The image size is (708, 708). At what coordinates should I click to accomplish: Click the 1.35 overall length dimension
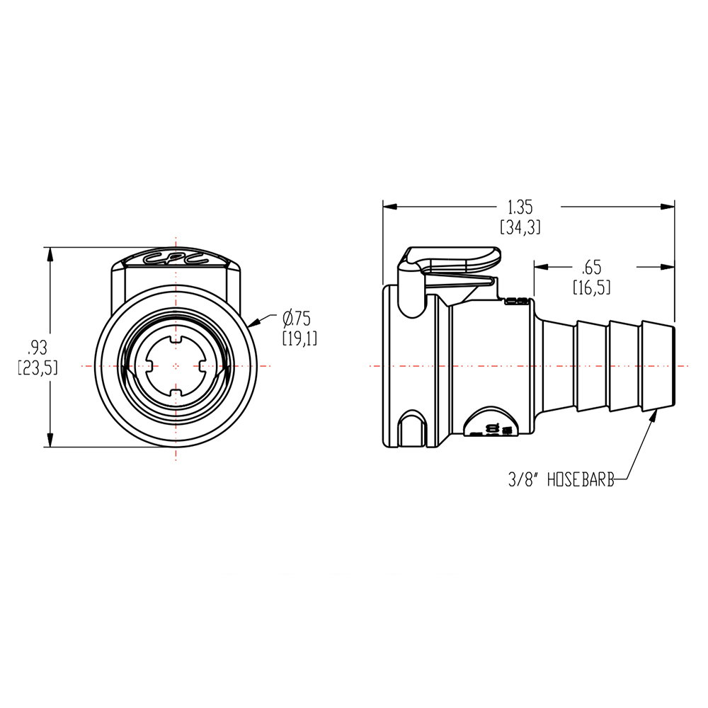(520, 207)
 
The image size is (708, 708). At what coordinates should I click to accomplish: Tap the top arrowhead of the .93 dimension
(50, 253)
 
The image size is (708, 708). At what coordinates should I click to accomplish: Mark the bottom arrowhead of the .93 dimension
(50, 440)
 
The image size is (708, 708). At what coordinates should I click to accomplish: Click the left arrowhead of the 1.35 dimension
(389, 207)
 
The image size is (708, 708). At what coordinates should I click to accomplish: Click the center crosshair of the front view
(176, 366)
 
